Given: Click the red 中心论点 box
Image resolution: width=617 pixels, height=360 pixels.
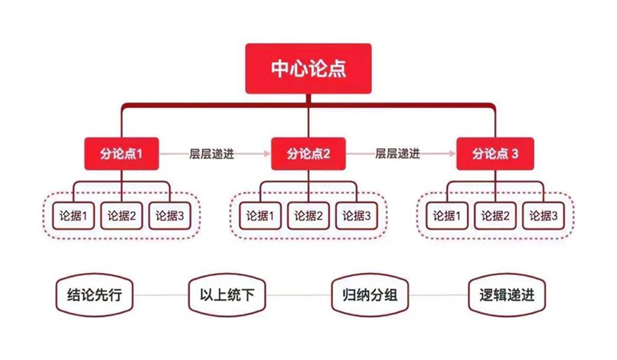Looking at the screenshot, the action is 308,69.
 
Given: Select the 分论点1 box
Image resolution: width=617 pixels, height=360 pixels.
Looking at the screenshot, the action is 122,153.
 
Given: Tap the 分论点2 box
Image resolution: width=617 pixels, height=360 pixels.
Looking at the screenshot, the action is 308,153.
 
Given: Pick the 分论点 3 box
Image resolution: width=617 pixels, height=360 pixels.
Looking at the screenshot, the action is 495,153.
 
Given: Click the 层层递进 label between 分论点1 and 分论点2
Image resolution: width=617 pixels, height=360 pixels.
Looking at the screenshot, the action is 211,153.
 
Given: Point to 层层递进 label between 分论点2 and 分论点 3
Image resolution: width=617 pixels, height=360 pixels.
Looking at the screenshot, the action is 397,153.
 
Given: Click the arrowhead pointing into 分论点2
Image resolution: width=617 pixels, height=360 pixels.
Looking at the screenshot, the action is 267,153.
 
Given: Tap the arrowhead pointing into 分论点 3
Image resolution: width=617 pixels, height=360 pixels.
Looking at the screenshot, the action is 453,153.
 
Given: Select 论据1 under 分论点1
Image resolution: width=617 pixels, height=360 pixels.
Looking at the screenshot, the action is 73,216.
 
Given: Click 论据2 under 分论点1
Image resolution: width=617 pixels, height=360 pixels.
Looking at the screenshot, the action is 122,216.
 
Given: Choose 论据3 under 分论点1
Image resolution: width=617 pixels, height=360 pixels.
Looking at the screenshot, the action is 170,216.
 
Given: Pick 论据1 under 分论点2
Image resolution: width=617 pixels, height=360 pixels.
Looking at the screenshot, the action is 261,216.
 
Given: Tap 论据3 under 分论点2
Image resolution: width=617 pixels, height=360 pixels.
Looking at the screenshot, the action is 356,216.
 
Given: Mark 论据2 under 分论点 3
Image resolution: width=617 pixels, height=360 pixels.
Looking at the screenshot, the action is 495,216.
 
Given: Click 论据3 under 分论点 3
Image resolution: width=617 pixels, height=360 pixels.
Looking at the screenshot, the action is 544,216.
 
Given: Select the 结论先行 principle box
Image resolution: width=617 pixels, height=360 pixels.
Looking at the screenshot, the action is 94,295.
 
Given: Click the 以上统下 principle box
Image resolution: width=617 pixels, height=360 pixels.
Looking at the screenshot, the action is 227,295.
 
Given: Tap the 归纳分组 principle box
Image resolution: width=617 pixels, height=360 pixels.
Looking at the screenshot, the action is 370,295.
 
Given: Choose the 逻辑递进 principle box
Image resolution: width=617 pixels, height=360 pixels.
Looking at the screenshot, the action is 507,295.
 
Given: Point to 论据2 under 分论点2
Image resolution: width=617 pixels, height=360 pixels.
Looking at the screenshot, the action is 308,216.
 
